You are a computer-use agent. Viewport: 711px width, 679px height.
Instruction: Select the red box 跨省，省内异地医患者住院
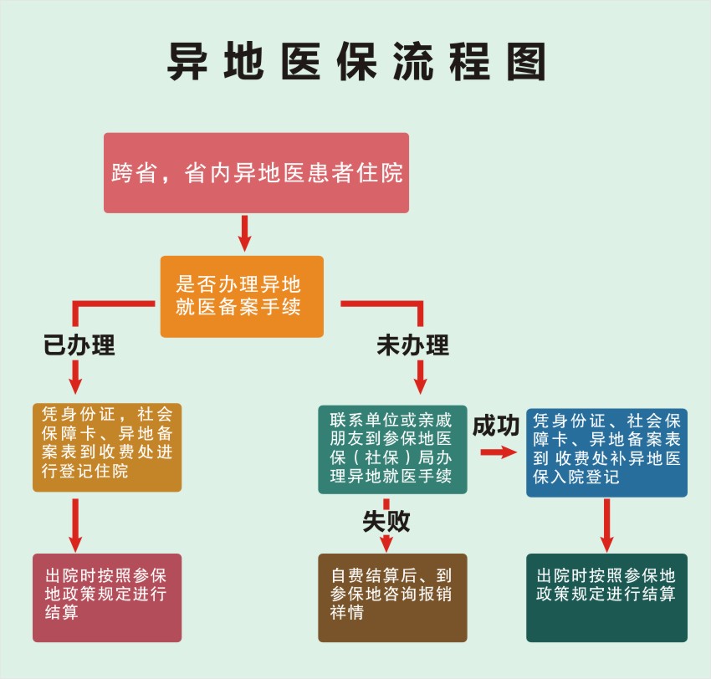pyautogui.click(x=256, y=172)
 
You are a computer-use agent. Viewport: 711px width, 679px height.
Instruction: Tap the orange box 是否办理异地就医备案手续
pyautogui.click(x=242, y=296)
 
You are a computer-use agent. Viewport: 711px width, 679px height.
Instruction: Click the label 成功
pyautogui.click(x=496, y=425)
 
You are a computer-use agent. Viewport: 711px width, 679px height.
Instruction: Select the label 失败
pyautogui.click(x=386, y=521)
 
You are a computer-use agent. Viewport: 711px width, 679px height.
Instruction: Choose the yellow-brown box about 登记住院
pyautogui.click(x=106, y=447)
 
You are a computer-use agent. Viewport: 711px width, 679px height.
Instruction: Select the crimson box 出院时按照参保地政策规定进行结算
pyautogui.click(x=106, y=597)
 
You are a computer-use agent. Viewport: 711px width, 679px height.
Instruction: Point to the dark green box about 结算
pyautogui.click(x=606, y=597)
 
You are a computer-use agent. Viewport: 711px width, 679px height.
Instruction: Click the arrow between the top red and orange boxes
pyautogui.click(x=244, y=233)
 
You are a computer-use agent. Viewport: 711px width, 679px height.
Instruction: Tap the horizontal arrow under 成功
pyautogui.click(x=497, y=452)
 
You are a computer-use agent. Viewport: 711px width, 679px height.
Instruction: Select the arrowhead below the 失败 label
pyautogui.click(x=386, y=544)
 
